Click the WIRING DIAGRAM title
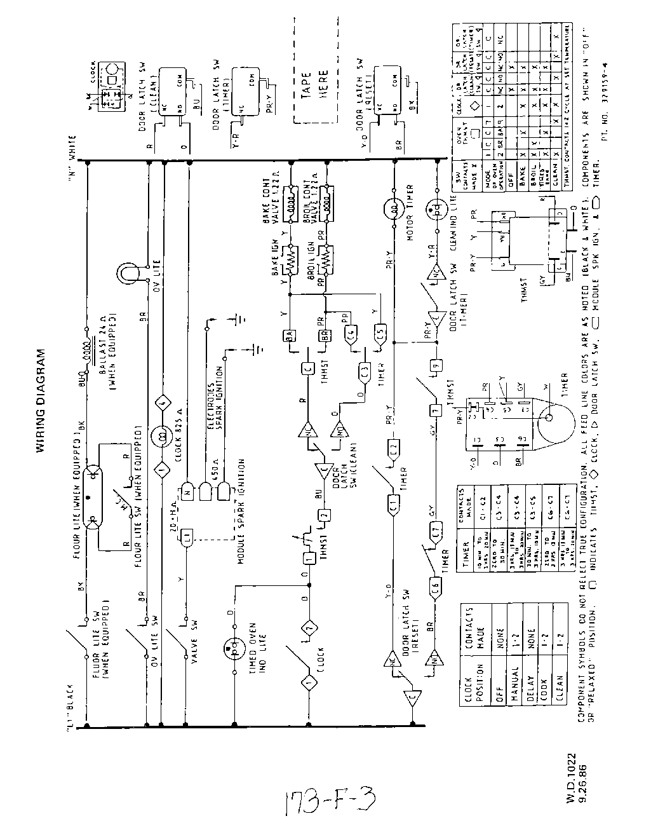click(41, 401)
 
